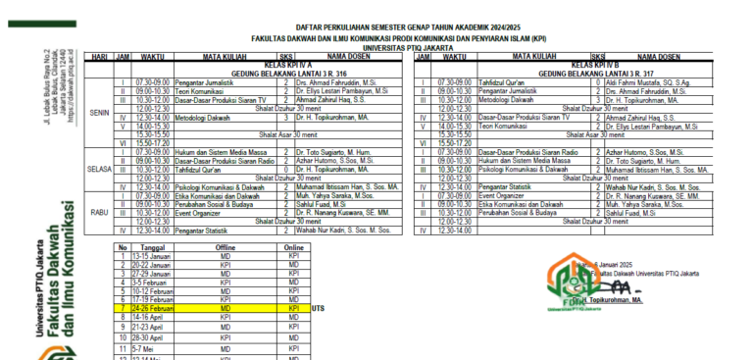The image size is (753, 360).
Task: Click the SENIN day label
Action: pos(99,112)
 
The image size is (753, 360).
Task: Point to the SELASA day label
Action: pos(99,167)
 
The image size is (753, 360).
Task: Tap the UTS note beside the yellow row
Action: pos(318,308)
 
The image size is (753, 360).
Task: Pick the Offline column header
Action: pos(226,248)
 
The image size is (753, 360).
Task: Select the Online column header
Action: pos(292,248)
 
